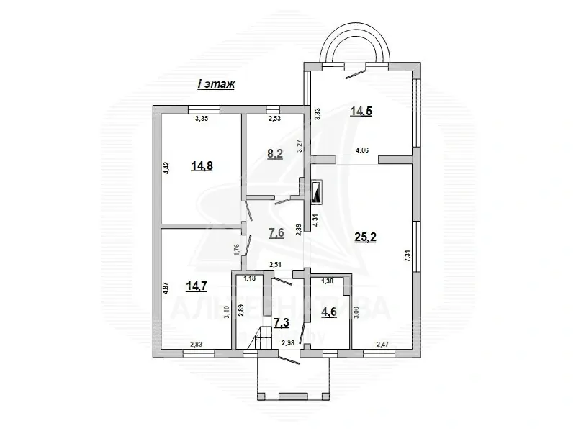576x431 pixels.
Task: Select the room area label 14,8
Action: click(x=202, y=165)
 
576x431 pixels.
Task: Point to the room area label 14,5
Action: click(x=361, y=111)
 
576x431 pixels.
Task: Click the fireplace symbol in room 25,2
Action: click(x=317, y=193)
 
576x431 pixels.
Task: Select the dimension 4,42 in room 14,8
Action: click(x=166, y=169)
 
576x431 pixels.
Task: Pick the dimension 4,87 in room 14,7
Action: click(x=166, y=288)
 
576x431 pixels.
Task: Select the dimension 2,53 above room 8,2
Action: click(x=275, y=119)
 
